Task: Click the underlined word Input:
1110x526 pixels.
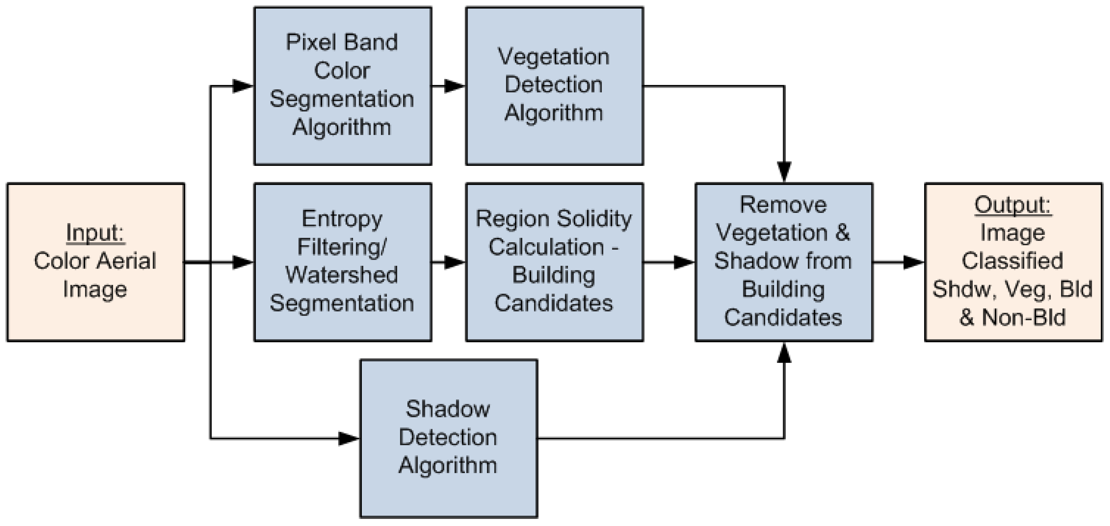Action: pos(95,233)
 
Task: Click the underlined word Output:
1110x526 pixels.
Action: pos(1013,205)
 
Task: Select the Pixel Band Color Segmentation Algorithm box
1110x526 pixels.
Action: pos(343,86)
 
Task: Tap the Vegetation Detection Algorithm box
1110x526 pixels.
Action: pos(554,86)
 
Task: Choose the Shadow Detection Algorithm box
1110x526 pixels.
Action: pos(448,438)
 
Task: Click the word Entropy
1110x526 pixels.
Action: pos(342,219)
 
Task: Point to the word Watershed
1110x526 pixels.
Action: pos(342,275)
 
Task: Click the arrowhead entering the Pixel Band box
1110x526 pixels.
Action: pos(243,86)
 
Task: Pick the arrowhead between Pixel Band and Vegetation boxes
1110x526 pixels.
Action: pos(454,86)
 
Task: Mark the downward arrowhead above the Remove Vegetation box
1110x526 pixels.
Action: pos(784,171)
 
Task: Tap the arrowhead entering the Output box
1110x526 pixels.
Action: pos(913,262)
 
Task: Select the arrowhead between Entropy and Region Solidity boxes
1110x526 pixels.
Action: pos(454,262)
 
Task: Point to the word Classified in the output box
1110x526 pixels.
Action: pos(1013,261)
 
